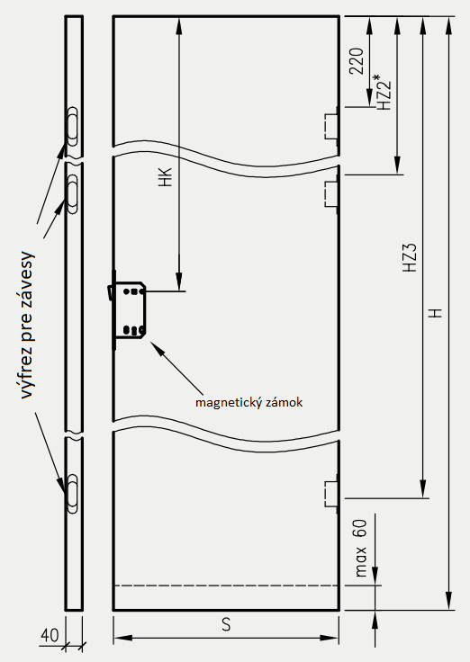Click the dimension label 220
pyautogui.click(x=357, y=61)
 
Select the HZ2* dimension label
pyautogui.click(x=384, y=92)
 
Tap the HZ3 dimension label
pyautogui.click(x=410, y=257)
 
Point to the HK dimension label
pyautogui.click(x=166, y=177)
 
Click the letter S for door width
pyautogui.click(x=226, y=625)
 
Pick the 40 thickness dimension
pyautogui.click(x=50, y=635)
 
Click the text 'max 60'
pyautogui.click(x=360, y=548)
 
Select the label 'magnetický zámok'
pyautogui.click(x=249, y=402)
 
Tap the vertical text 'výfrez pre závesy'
pyautogui.click(x=26, y=325)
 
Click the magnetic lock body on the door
pyautogui.click(x=129, y=310)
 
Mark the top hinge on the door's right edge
pyautogui.click(x=331, y=126)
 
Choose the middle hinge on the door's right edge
pyautogui.click(x=331, y=194)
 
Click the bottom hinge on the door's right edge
pyautogui.click(x=331, y=494)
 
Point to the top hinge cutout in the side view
pyautogui.click(x=73, y=126)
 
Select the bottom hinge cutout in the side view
pyautogui.click(x=73, y=494)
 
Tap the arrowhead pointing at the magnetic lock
pyautogui.click(x=155, y=346)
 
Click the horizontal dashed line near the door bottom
pyautogui.click(x=227, y=586)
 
